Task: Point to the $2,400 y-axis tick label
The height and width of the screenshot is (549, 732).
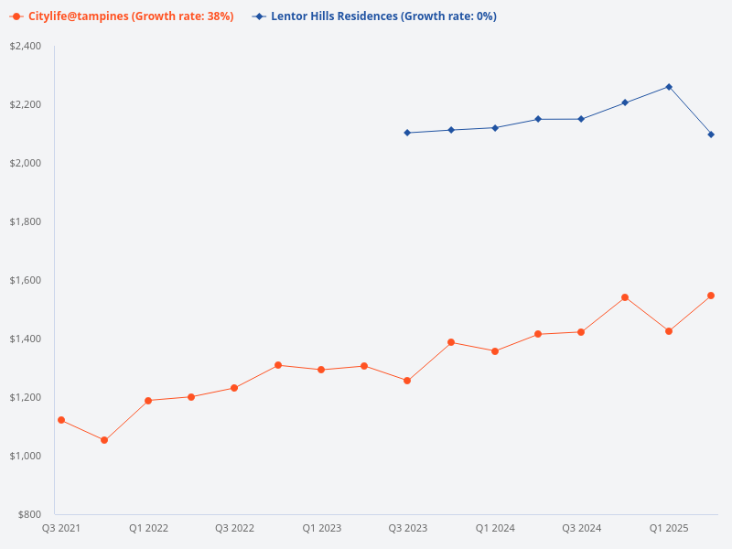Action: [25, 46]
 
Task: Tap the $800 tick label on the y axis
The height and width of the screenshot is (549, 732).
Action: [28, 514]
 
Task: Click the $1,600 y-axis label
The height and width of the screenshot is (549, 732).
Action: [25, 280]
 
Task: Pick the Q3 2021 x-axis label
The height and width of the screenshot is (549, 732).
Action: [61, 528]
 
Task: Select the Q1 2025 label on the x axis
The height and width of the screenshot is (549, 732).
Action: [669, 528]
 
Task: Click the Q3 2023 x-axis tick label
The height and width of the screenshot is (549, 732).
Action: [407, 528]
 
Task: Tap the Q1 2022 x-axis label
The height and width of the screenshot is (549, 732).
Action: [148, 528]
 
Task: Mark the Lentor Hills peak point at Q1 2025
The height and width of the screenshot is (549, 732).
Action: [669, 87]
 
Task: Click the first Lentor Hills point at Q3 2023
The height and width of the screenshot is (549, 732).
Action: [407, 133]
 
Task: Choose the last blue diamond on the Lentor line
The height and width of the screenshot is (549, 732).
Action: [711, 135]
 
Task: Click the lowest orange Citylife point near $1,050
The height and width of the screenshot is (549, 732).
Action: [104, 440]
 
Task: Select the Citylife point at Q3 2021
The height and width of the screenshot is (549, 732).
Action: [61, 420]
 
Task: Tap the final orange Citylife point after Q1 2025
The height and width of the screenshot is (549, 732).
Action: [711, 296]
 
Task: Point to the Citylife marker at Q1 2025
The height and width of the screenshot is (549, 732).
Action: [669, 331]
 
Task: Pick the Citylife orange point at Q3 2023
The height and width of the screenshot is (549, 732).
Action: [407, 381]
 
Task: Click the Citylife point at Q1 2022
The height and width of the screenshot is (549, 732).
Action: [148, 401]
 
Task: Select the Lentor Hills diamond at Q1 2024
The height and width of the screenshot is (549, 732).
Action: [495, 128]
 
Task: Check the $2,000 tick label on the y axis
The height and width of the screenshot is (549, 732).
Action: [25, 163]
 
